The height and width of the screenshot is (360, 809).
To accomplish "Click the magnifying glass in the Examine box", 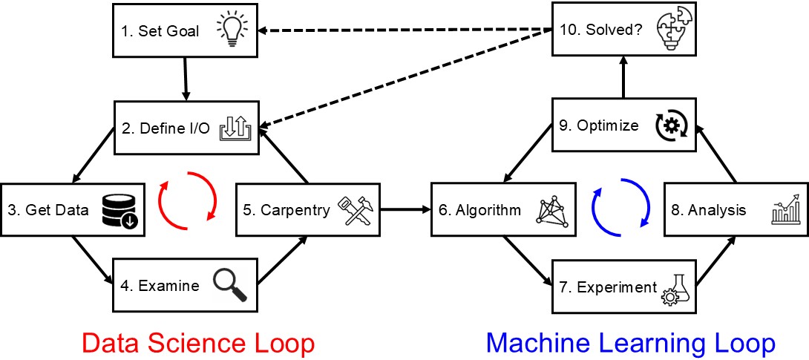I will point(229,284).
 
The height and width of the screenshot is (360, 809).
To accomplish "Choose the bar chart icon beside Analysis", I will point(787,211).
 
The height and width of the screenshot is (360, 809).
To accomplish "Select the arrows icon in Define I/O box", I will point(236,128).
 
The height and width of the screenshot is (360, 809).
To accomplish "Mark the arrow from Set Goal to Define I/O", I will point(186,78).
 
